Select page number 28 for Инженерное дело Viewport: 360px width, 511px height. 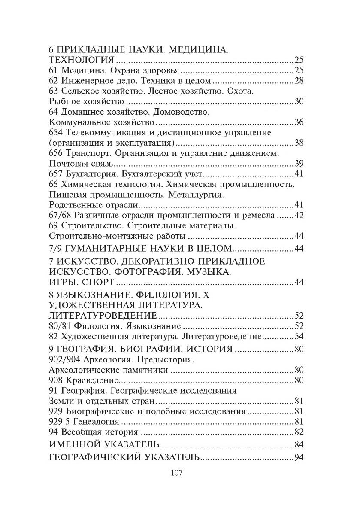pyautogui.click(x=299, y=80)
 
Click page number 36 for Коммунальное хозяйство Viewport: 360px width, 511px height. pyautogui.click(x=299, y=122)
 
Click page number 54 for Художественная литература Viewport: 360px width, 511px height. pyautogui.click(x=299, y=336)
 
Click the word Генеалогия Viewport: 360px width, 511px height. pyautogui.click(x=95, y=421)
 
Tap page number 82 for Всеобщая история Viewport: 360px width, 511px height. pyautogui.click(x=299, y=432)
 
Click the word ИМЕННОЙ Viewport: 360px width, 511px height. pyautogui.click(x=76, y=444)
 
